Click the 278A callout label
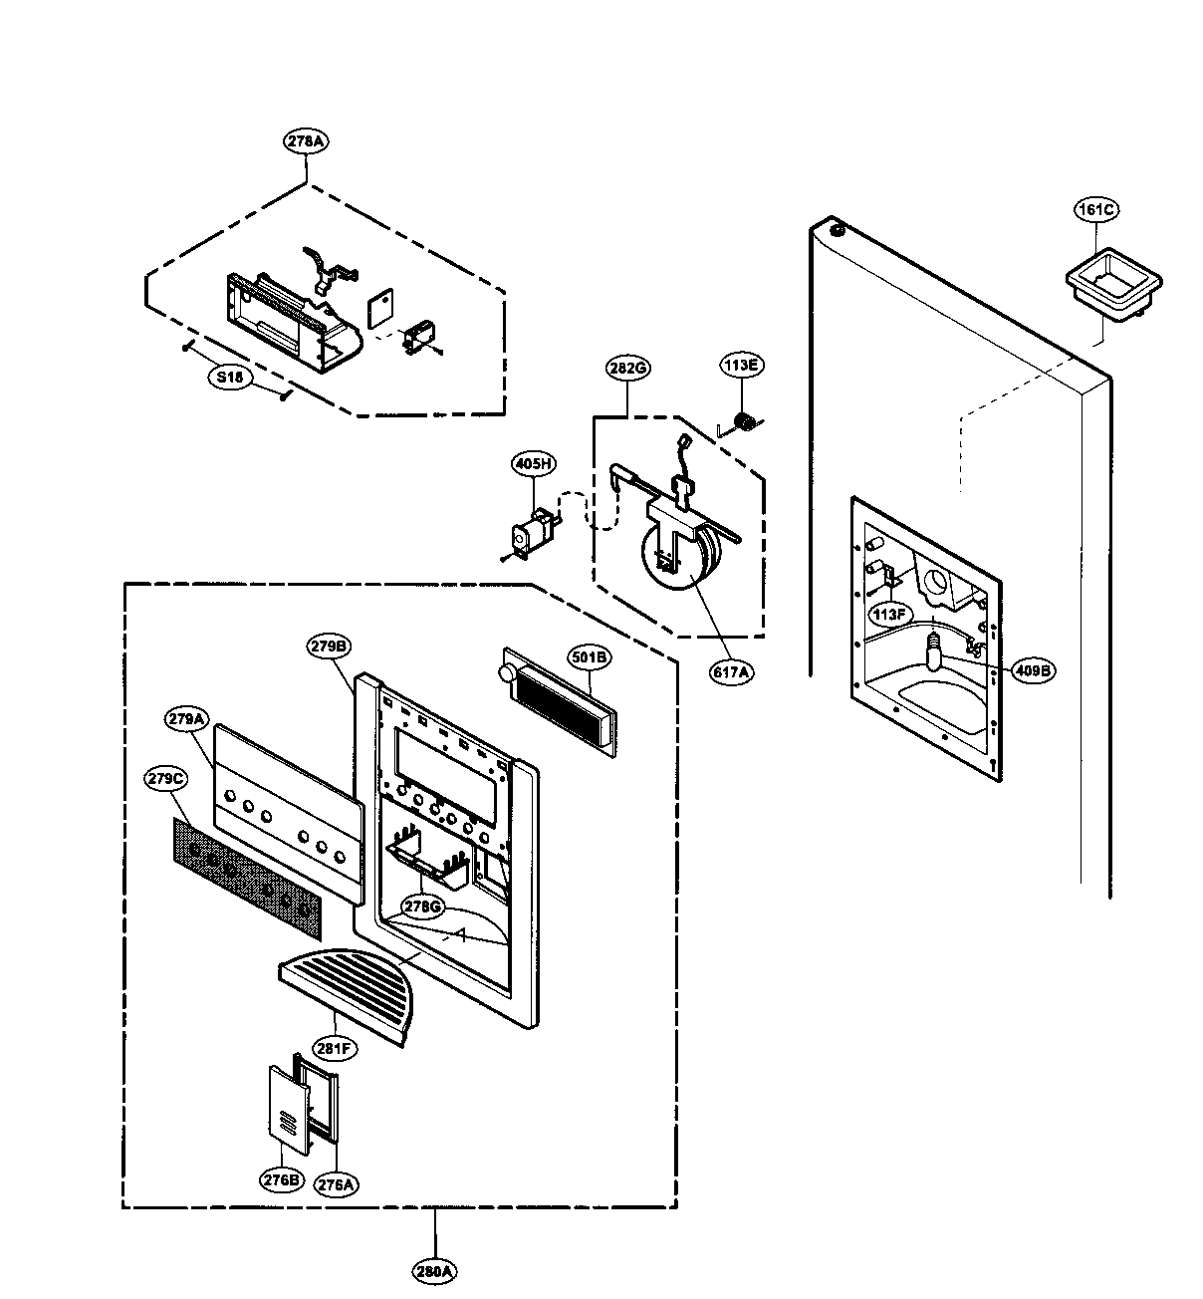point(306,141)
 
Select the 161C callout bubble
point(1095,209)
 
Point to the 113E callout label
point(742,366)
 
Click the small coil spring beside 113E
point(742,424)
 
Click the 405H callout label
point(534,463)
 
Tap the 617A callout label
point(732,672)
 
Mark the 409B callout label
point(1033,670)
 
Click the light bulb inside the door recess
point(935,652)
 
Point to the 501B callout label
point(590,656)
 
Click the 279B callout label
point(329,647)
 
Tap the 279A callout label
point(186,718)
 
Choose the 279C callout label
point(165,777)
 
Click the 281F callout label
point(337,1047)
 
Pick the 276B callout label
point(282,1180)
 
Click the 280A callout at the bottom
point(435,1270)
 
